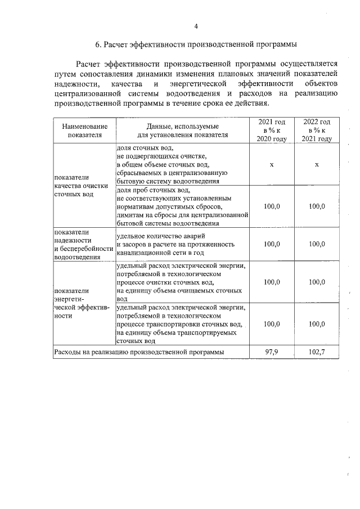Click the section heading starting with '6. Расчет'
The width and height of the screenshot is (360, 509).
click(x=195, y=44)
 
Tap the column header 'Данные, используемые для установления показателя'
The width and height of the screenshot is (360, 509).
click(x=182, y=130)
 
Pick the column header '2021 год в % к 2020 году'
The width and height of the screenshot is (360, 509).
click(x=272, y=130)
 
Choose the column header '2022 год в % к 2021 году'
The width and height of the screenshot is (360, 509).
click(x=317, y=130)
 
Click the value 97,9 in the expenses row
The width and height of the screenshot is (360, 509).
click(x=272, y=352)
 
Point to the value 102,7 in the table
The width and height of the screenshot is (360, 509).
click(x=317, y=352)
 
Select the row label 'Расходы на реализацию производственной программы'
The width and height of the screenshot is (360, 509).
click(x=138, y=352)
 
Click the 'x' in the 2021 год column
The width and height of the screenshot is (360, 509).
click(x=272, y=164)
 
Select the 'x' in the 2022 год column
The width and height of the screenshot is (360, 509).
click(x=317, y=164)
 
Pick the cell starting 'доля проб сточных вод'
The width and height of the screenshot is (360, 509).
click(x=182, y=206)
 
